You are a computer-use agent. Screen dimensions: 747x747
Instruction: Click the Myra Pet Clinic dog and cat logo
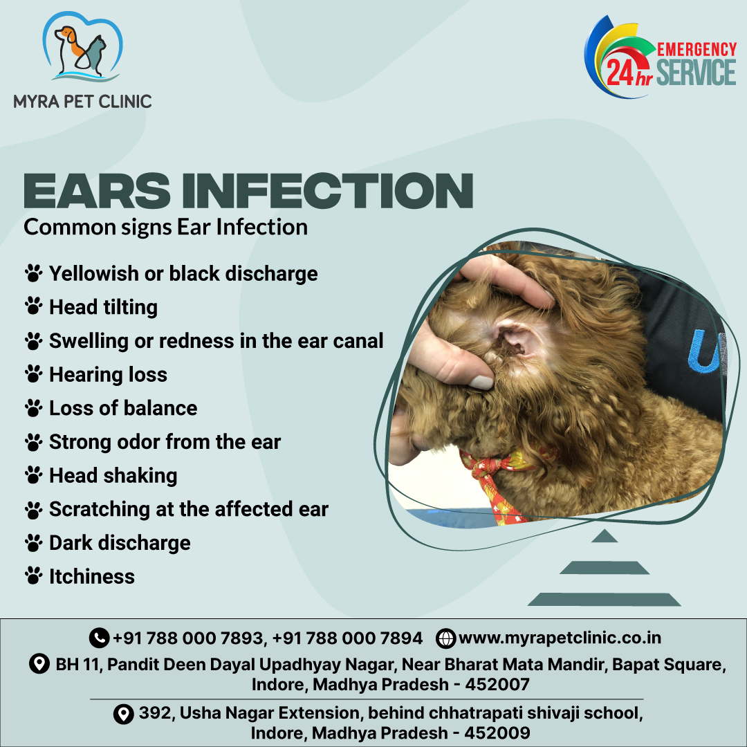[x=82, y=47]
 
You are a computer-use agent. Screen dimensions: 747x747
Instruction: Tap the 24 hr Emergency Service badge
[x=661, y=57]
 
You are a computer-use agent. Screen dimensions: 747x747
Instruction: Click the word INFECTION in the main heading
[x=327, y=191]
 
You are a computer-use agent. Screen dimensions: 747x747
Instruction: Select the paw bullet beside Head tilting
[x=33, y=306]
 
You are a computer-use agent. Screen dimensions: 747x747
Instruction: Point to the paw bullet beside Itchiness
[x=33, y=576]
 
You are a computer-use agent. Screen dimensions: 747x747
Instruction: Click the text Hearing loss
[x=108, y=374]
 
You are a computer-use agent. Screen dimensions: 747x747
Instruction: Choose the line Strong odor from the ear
[x=165, y=442]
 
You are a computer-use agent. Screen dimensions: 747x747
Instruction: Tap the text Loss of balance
[x=123, y=408]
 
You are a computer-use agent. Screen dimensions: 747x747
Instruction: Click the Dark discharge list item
[x=120, y=543]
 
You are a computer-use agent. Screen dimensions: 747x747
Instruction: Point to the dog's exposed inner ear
[x=512, y=339]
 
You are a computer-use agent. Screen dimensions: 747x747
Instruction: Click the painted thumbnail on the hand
[x=480, y=382]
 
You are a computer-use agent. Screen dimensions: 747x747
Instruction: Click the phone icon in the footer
[x=99, y=638]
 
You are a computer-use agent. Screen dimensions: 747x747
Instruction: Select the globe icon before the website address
[x=446, y=638]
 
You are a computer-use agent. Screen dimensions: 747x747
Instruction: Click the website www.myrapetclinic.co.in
[x=560, y=638]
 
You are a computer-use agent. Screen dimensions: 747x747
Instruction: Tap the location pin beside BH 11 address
[x=39, y=663]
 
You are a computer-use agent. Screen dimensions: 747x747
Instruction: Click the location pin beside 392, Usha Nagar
[x=123, y=714]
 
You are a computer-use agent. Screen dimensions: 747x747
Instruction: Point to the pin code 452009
[x=497, y=732]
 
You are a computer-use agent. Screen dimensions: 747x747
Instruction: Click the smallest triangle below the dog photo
[x=604, y=537]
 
